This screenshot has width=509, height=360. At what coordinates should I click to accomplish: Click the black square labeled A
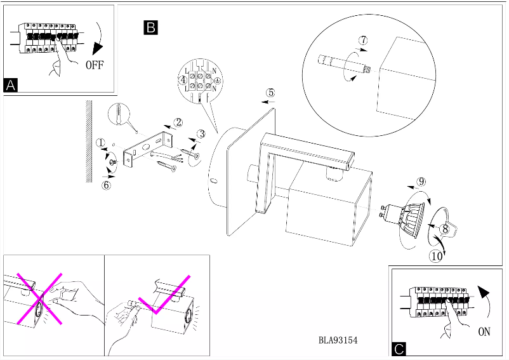point(11,85)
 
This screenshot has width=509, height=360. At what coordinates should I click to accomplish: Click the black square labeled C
point(399,349)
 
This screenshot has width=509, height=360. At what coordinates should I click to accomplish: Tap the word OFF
point(93,65)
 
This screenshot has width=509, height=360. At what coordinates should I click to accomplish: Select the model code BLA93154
point(338,340)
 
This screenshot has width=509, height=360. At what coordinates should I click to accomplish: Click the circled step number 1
point(101,143)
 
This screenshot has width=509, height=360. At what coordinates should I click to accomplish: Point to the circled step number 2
point(178,122)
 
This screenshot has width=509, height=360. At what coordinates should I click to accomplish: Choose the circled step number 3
point(201,134)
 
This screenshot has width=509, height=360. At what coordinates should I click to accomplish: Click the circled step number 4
point(183,81)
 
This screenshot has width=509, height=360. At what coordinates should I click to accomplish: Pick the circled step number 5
point(270,92)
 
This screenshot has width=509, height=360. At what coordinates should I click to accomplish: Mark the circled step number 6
point(106,185)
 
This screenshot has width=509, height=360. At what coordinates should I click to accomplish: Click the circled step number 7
point(362,40)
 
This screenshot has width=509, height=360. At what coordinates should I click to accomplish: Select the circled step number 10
point(435,257)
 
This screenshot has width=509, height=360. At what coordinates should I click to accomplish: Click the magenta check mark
point(167,296)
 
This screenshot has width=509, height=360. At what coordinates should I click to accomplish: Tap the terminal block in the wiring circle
point(201,80)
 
